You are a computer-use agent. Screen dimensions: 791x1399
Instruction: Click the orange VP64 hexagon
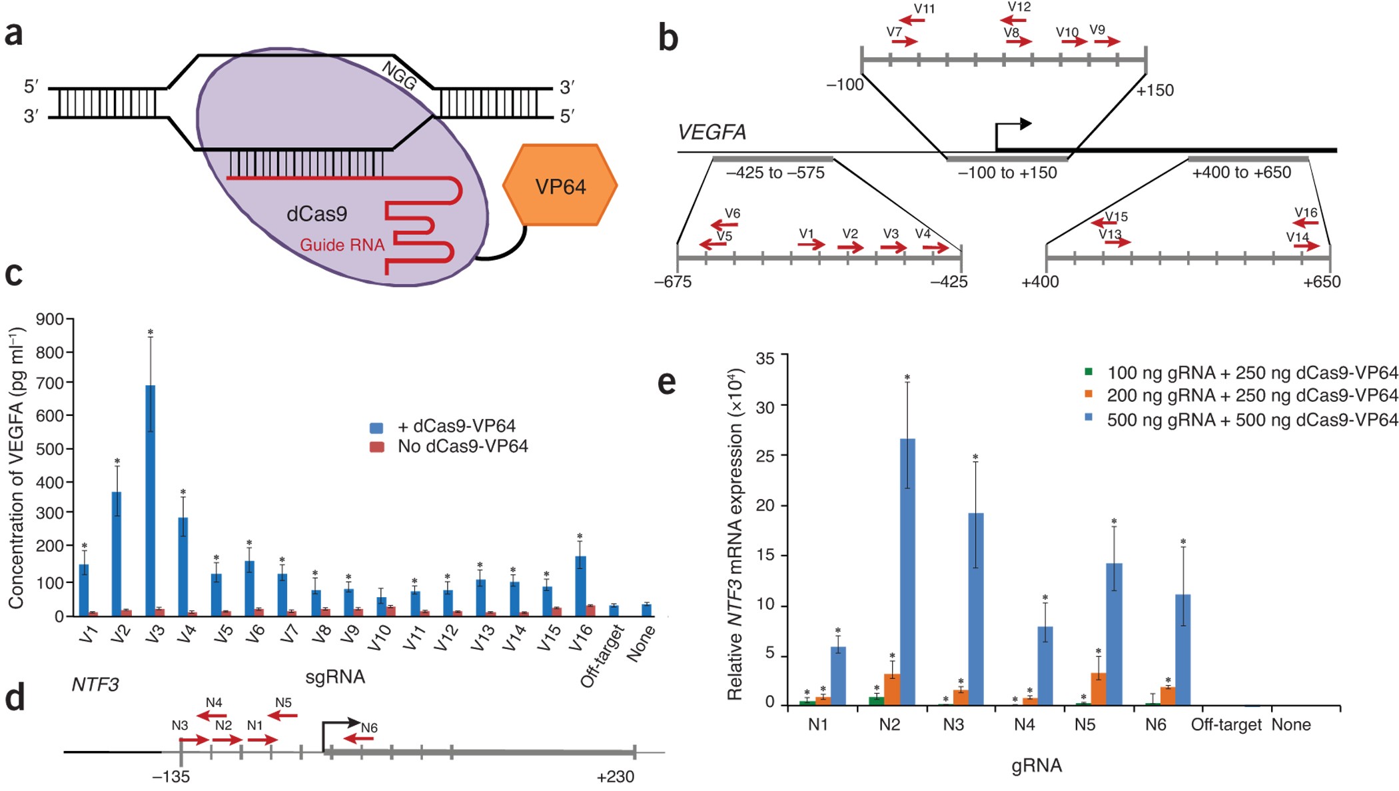click(560, 185)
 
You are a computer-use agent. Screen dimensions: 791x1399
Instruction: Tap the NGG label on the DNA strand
click(399, 76)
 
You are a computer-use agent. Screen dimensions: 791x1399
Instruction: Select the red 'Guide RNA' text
click(342, 245)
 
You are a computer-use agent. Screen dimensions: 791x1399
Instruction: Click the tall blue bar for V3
click(151, 500)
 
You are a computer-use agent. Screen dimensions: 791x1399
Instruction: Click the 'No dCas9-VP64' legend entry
click(462, 446)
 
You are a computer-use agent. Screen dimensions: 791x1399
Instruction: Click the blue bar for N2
click(907, 570)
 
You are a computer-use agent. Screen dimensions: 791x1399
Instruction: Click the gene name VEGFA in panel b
click(711, 132)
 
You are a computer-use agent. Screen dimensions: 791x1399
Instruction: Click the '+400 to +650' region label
click(1241, 173)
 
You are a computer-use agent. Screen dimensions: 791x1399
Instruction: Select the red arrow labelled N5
click(284, 715)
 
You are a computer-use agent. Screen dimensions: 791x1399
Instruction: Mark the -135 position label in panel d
click(171, 776)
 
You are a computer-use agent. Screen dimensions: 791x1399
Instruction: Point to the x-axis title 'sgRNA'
click(335, 677)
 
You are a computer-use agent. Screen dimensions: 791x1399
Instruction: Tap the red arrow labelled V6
click(725, 225)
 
